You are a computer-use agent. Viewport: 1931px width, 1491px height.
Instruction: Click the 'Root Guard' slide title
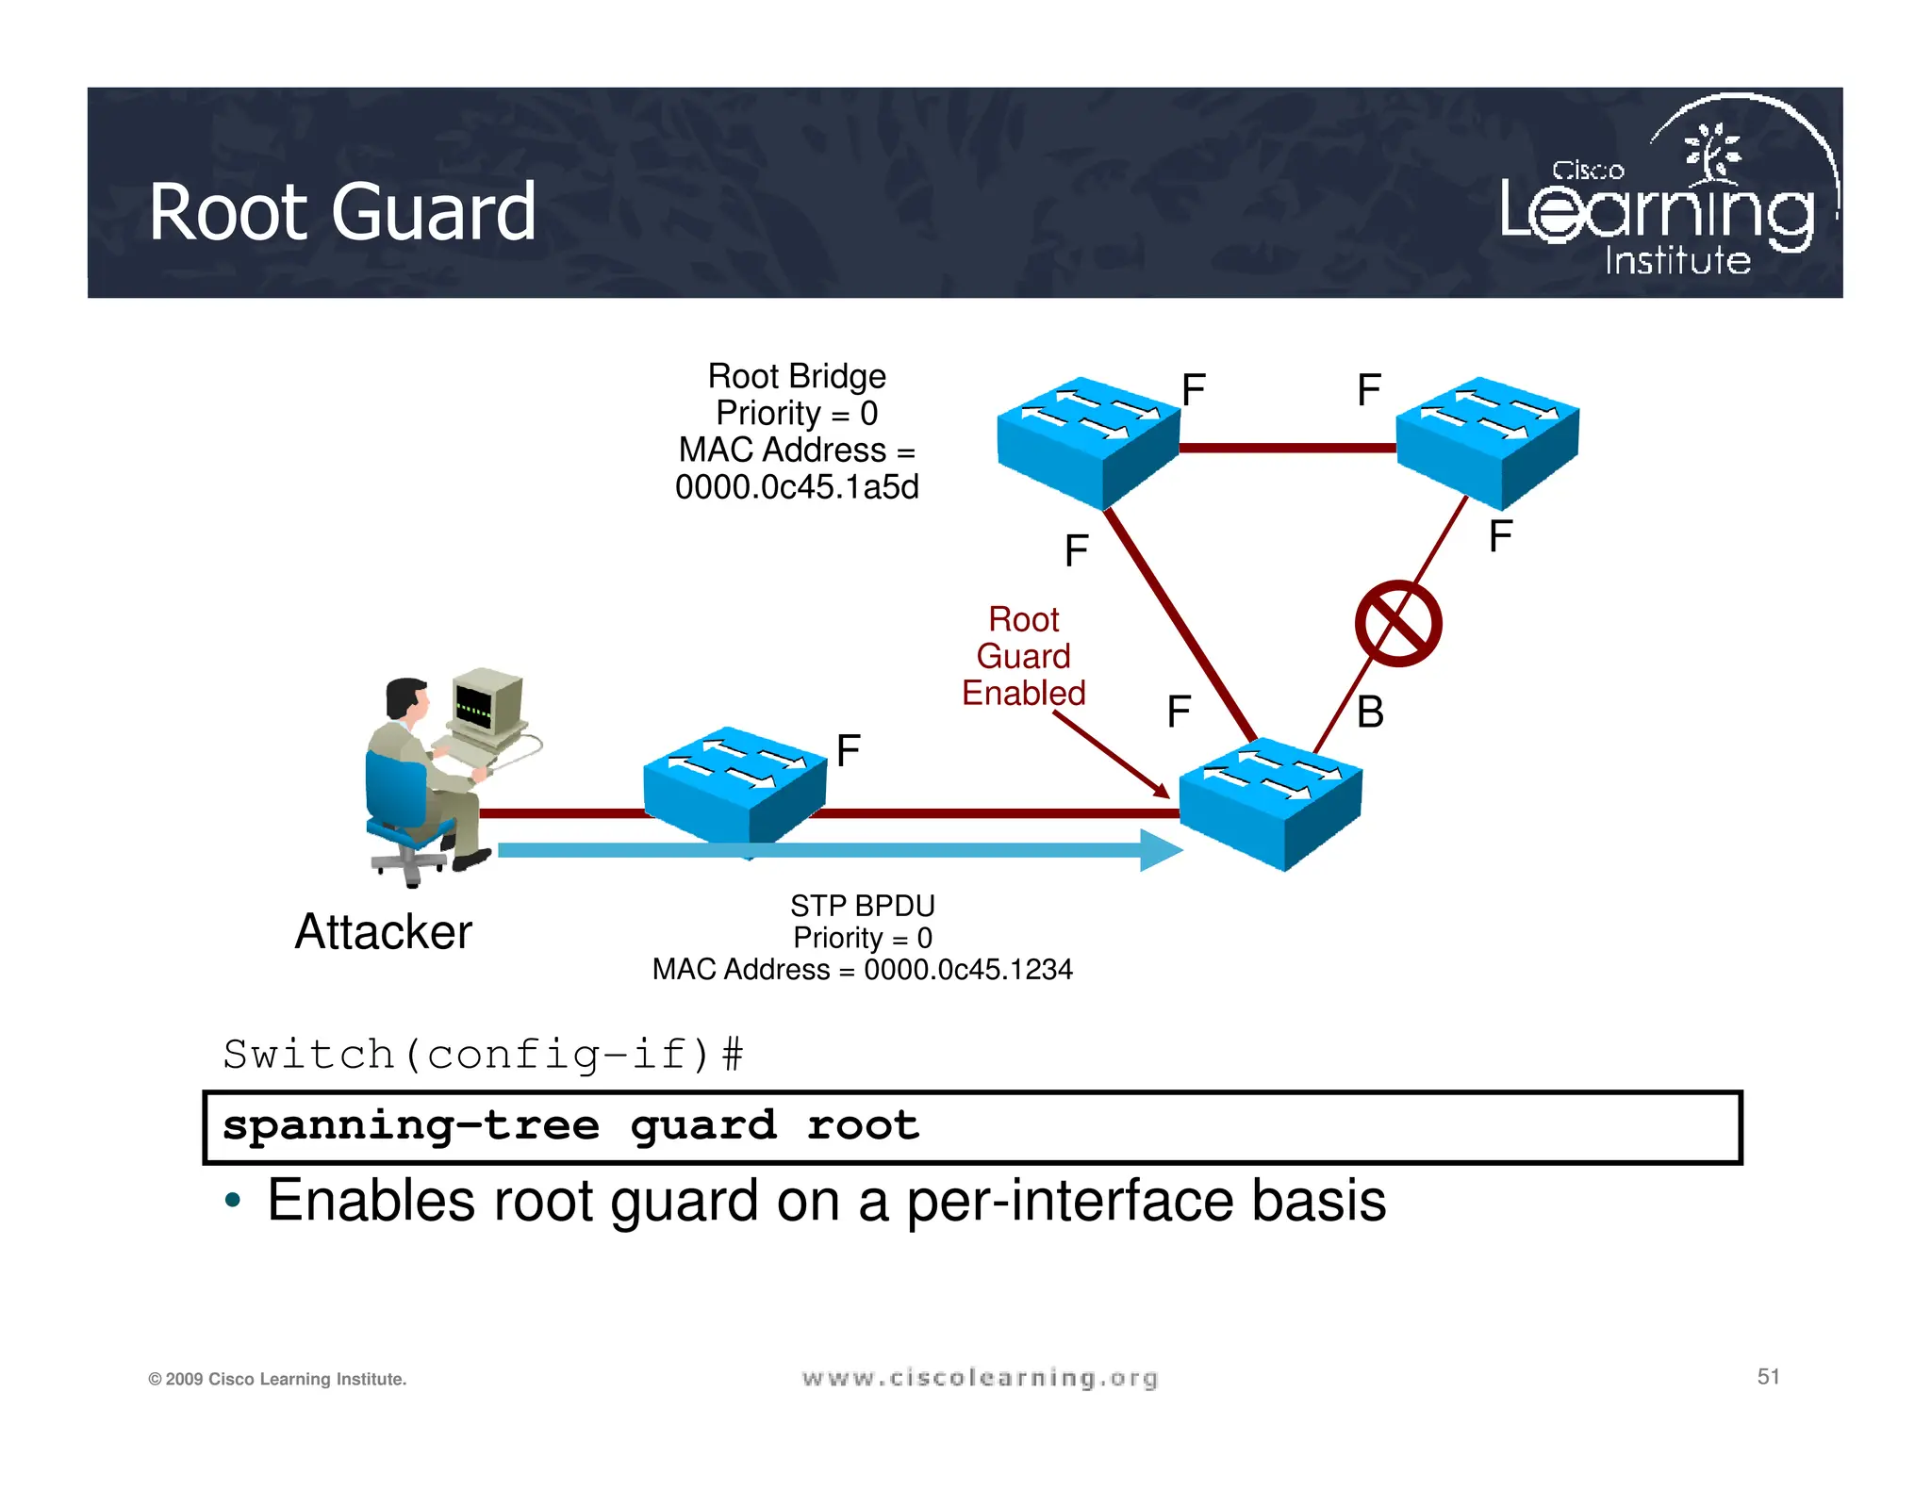342,212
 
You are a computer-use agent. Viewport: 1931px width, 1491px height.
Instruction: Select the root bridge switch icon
1088,440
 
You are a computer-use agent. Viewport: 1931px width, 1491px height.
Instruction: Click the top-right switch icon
1487,440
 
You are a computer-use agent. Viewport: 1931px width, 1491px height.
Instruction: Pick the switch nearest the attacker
734,785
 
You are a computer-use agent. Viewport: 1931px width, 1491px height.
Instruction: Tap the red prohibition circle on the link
1397,624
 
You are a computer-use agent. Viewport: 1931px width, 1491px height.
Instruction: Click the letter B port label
1370,713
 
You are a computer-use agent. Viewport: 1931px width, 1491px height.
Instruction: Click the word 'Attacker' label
383,932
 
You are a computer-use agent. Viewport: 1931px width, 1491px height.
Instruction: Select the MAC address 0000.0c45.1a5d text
797,487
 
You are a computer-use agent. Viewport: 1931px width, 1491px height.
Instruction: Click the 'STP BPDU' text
862,906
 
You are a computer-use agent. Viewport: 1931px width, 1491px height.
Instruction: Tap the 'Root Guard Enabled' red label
1023,656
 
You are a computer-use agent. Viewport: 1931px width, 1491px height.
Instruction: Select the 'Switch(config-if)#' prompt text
483,1054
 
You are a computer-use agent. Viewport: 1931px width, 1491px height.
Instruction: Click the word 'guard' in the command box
703,1126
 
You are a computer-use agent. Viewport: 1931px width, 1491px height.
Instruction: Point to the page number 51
1768,1377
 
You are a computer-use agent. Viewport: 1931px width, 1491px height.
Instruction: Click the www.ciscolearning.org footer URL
980,1378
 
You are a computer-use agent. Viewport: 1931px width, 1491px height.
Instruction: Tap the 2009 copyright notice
277,1379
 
